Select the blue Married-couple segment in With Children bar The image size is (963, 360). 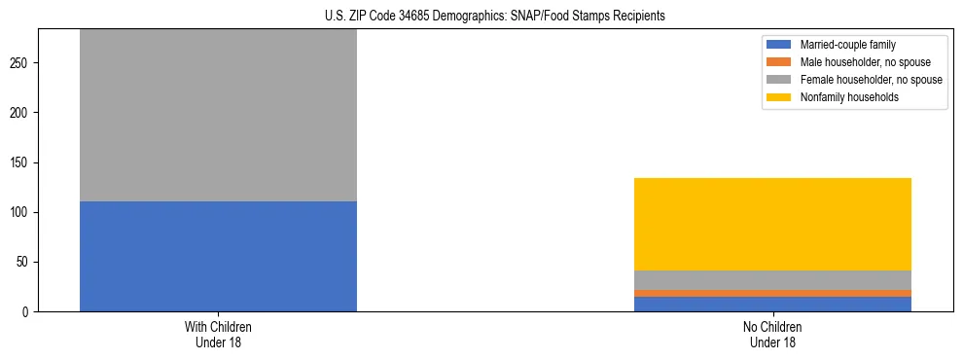[x=218, y=256]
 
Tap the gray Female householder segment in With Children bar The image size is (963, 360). [x=218, y=115]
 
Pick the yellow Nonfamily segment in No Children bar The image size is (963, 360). [x=772, y=224]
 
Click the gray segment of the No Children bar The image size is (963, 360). [x=772, y=279]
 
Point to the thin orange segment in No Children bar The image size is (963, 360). [x=772, y=293]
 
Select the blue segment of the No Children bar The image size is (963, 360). [x=772, y=304]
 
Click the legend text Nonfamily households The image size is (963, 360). [x=842, y=97]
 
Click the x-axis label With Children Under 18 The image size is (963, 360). [x=218, y=335]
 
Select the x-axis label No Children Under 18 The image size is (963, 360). [x=772, y=335]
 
